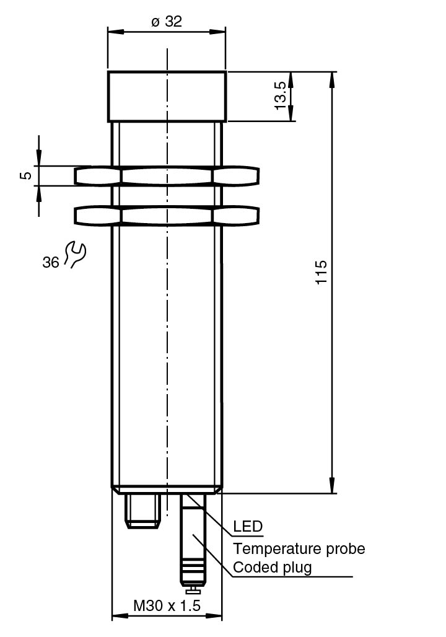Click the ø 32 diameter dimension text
coord(167,21)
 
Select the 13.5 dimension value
coord(280,96)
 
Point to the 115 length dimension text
coord(321,272)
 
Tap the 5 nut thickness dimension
coord(26,175)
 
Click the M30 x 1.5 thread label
coord(167,605)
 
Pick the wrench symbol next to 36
coord(75,254)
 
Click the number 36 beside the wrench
coord(51,263)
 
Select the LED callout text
coord(248,527)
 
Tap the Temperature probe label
coord(299,548)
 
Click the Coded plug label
coord(272,567)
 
